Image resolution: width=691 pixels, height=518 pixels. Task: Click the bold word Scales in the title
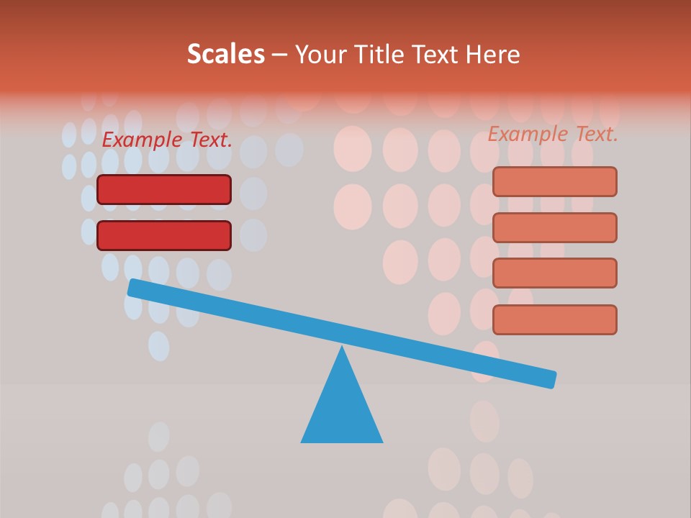(225, 54)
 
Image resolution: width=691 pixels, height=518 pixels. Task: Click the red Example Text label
(167, 140)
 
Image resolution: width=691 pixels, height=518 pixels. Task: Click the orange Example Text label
(553, 134)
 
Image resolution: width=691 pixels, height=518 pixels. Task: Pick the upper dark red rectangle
(164, 189)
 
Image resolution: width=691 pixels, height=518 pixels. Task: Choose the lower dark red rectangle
(164, 235)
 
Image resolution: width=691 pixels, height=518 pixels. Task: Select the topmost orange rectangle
(554, 181)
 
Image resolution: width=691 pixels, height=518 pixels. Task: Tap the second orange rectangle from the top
(554, 227)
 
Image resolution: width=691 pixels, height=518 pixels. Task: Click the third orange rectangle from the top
(554, 273)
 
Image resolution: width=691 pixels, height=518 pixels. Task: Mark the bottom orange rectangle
(554, 319)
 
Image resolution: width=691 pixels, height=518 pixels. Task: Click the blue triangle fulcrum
(342, 410)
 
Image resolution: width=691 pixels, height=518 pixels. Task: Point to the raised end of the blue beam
(134, 288)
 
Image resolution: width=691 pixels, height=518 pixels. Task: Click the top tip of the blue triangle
(342, 348)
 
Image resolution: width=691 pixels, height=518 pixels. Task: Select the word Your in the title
(321, 54)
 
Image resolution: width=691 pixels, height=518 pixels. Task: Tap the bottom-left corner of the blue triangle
(303, 441)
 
